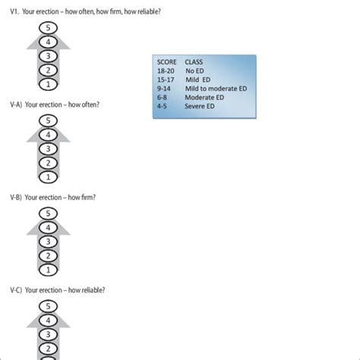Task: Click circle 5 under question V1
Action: (48, 27)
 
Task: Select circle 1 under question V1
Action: (48, 84)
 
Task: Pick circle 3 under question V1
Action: (48, 55)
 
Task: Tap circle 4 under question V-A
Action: (48, 134)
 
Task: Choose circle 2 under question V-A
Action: (48, 163)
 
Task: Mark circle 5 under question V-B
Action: (48, 213)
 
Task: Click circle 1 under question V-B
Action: (48, 270)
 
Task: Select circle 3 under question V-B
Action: (48, 242)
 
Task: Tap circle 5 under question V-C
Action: (48, 306)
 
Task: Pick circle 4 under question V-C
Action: (48, 321)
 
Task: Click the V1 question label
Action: (14, 11)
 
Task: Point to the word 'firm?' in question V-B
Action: (87, 197)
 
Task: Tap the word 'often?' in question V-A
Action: (88, 104)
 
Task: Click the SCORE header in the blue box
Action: (167, 62)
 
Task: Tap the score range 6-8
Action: (163, 97)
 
